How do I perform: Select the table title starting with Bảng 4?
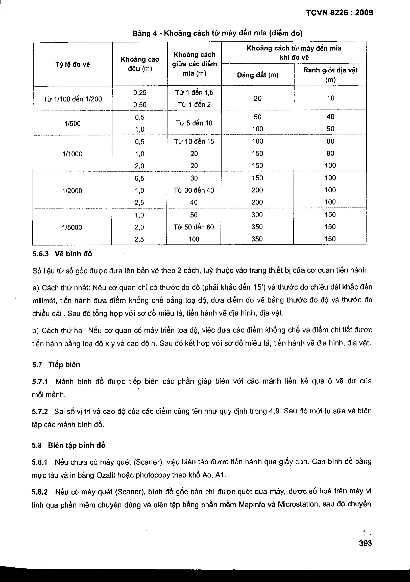217,34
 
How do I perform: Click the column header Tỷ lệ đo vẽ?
73,64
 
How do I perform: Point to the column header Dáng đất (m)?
257,75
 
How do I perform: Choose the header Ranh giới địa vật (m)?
330,75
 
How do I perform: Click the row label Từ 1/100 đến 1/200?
73,99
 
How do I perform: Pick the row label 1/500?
73,124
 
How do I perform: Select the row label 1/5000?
72,227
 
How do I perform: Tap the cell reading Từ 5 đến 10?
194,123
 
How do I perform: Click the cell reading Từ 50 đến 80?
194,227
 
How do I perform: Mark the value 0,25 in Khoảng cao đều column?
140,93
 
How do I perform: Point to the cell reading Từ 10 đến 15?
194,141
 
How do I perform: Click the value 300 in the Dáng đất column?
257,215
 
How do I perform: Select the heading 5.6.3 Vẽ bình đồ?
62,254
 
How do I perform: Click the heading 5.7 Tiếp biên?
56,365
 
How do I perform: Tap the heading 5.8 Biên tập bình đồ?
68,445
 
